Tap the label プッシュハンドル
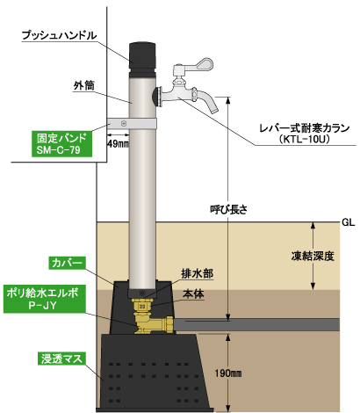(x=59, y=35)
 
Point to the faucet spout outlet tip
(x=214, y=111)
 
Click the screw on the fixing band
(x=124, y=124)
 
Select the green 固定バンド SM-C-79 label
(x=61, y=143)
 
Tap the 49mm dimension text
(x=118, y=144)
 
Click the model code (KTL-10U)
(x=305, y=139)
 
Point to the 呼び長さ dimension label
(x=228, y=210)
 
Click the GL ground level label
(x=349, y=222)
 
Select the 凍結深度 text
(x=313, y=257)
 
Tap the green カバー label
(x=67, y=263)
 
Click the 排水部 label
(x=198, y=274)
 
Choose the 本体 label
(x=193, y=293)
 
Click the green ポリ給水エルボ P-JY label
(x=45, y=299)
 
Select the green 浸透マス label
(x=61, y=359)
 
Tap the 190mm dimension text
(x=228, y=373)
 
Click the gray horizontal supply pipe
(x=257, y=325)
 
